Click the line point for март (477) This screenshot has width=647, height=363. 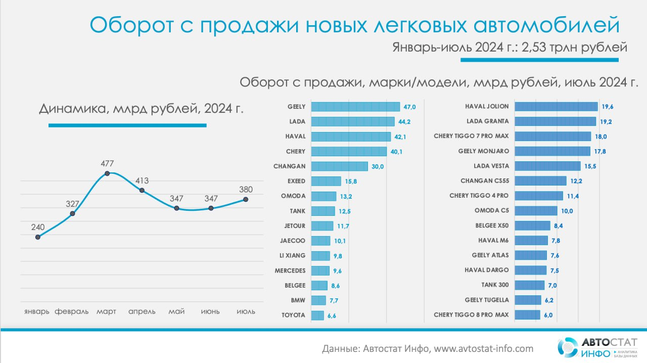(x=107, y=173)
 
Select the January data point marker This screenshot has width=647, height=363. (x=38, y=237)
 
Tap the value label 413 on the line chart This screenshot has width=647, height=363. (x=142, y=180)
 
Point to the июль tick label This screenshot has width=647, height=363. (x=246, y=311)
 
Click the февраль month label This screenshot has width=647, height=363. (x=72, y=311)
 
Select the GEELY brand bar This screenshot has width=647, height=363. (x=355, y=107)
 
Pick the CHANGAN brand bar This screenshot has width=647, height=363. (x=339, y=166)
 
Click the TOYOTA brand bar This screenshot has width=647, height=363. (x=317, y=315)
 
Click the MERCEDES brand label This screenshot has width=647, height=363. (x=290, y=270)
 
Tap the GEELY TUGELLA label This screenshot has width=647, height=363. (x=487, y=300)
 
